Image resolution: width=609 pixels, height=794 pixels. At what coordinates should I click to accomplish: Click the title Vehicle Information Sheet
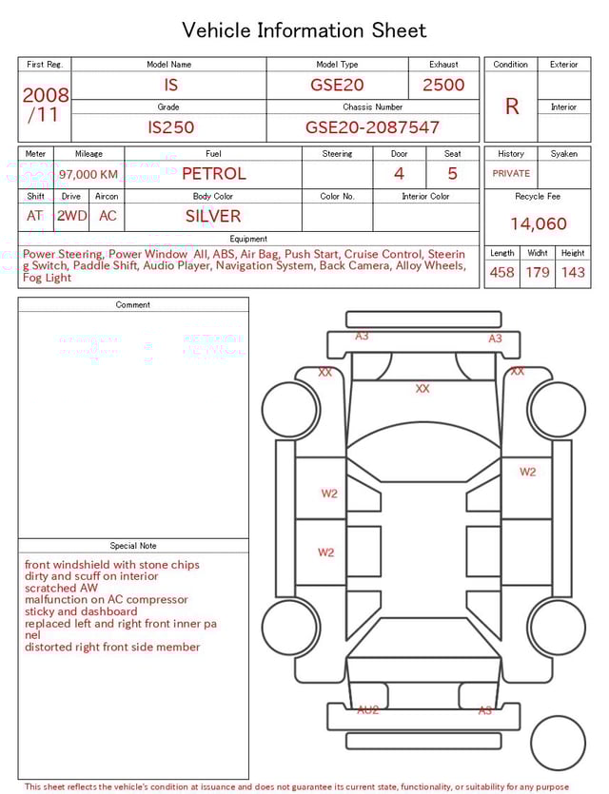[304, 30]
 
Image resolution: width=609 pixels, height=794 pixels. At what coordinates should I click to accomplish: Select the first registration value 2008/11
[45, 106]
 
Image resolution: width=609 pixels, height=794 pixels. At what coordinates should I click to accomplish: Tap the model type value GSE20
[337, 85]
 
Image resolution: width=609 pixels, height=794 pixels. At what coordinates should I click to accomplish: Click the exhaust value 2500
[443, 85]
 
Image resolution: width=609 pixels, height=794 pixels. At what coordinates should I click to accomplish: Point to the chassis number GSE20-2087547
[372, 126]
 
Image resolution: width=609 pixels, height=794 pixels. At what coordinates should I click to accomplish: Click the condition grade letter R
[511, 107]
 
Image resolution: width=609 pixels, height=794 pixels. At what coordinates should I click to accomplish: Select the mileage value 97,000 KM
[88, 174]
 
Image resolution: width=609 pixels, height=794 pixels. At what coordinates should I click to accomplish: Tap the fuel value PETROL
[213, 173]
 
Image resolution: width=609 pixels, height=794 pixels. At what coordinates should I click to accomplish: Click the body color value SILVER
[213, 216]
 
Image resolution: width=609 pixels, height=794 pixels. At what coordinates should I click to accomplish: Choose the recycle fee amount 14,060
[538, 224]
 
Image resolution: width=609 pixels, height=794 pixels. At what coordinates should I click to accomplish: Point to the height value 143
[573, 272]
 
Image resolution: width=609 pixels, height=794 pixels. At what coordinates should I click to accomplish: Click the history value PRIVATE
[511, 174]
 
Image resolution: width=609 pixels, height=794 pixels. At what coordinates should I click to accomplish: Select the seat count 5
[453, 173]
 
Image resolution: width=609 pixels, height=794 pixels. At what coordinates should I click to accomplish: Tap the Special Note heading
[133, 546]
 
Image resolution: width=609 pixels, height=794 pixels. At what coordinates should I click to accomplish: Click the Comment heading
[133, 305]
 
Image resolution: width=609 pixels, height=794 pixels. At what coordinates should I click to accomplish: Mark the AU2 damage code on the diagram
[368, 710]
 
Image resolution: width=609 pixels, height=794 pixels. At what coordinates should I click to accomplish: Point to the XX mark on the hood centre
[422, 388]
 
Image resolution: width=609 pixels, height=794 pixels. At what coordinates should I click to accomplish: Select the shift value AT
[35, 216]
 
